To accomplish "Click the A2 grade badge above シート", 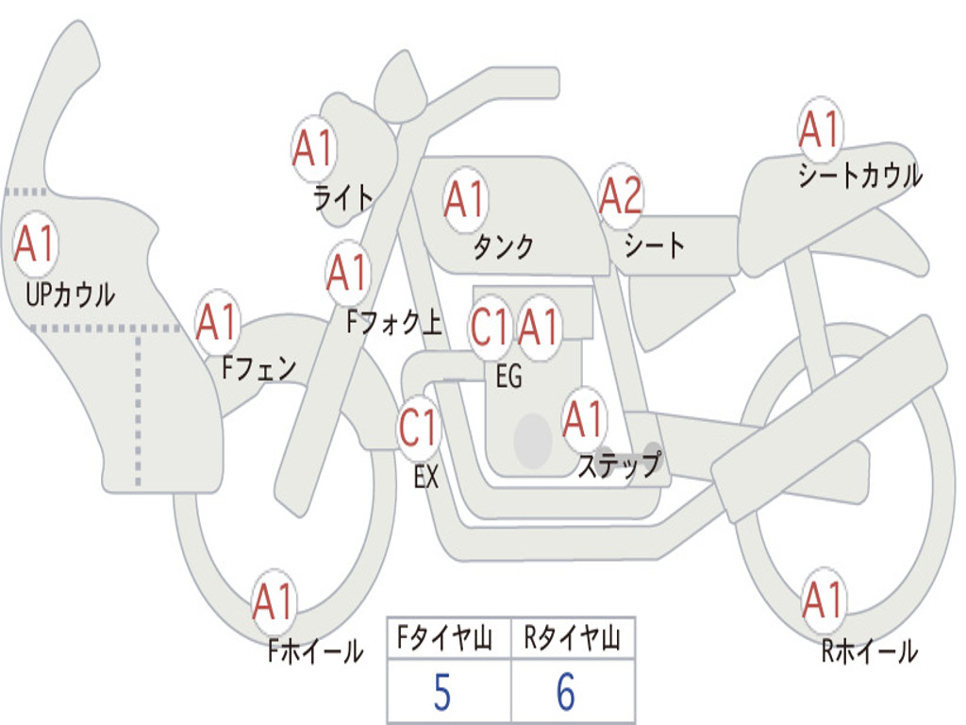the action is pyautogui.click(x=621, y=198).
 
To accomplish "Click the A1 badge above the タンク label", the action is pyautogui.click(x=464, y=200).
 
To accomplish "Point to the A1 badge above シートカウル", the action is pyautogui.click(x=819, y=130).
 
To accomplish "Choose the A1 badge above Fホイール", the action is pyautogui.click(x=275, y=601).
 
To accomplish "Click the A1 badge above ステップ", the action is pyautogui.click(x=583, y=419).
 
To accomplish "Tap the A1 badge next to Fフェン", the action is pyautogui.click(x=218, y=324).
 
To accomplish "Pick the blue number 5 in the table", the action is pyautogui.click(x=442, y=694).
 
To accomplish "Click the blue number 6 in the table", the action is pyautogui.click(x=566, y=694).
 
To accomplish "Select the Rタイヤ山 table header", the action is pyautogui.click(x=572, y=640).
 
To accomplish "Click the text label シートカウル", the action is pyautogui.click(x=859, y=176).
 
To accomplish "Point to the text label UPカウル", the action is pyautogui.click(x=71, y=295).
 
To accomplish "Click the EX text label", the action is pyautogui.click(x=426, y=478).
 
